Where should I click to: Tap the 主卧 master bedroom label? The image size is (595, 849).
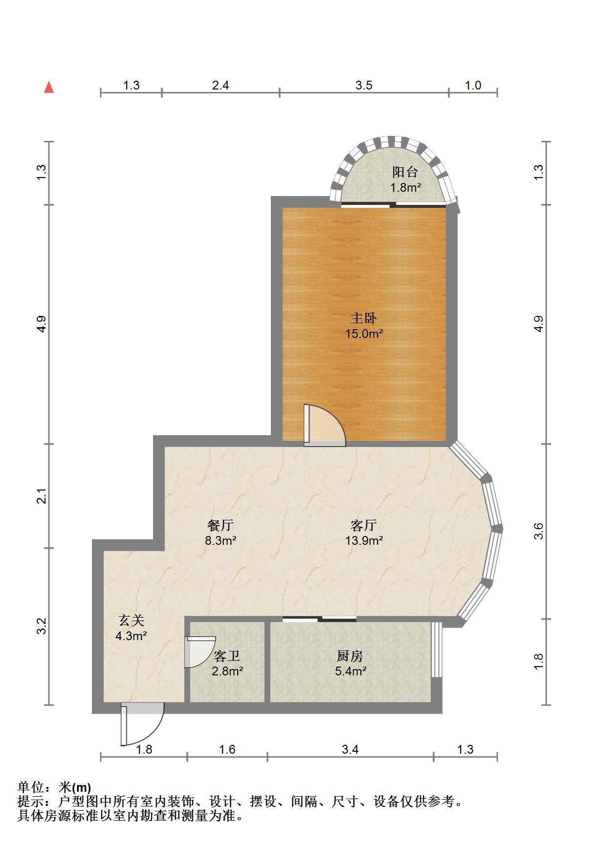(x=364, y=318)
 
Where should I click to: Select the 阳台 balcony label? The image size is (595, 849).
(x=405, y=172)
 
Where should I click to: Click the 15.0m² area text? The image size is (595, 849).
(x=364, y=334)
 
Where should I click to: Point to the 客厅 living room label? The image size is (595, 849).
(x=364, y=525)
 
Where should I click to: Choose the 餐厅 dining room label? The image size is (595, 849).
(x=220, y=525)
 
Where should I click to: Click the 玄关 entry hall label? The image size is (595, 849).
(x=132, y=621)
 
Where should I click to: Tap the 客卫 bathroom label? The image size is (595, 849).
(x=227, y=656)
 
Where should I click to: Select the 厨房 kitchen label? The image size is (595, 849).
(x=350, y=656)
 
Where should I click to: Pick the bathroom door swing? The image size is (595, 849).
(x=200, y=652)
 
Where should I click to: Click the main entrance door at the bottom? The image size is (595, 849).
(x=142, y=724)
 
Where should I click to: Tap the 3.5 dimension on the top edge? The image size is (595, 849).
(x=364, y=86)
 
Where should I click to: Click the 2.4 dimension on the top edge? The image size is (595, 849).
(x=220, y=86)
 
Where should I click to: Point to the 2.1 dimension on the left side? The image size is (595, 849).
(x=43, y=496)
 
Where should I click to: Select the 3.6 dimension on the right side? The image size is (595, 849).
(x=538, y=531)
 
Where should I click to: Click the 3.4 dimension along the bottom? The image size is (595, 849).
(x=350, y=749)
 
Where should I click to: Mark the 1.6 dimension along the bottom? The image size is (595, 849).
(x=227, y=749)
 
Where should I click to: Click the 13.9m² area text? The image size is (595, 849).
(x=364, y=541)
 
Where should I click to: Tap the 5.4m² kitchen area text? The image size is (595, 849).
(x=351, y=671)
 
